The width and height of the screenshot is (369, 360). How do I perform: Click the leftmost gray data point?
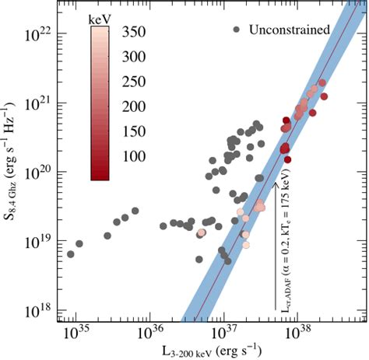pos(71,254)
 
